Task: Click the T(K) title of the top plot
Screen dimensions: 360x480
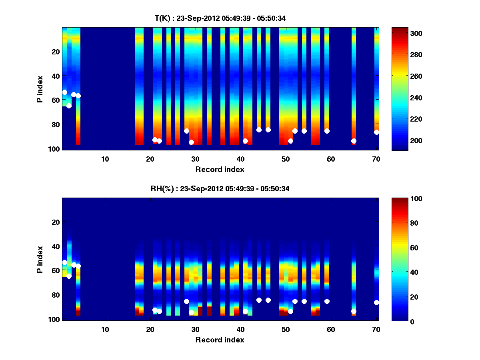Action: [x=220, y=18]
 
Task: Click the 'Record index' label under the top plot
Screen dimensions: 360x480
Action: [x=220, y=169]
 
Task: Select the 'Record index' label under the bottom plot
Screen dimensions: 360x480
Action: [x=220, y=340]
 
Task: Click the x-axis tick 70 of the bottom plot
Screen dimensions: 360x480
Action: [x=376, y=329]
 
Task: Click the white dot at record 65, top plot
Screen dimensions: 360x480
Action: [x=354, y=141]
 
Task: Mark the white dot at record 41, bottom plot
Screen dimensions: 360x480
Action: [x=245, y=311]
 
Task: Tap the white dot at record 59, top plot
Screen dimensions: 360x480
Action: [x=327, y=131]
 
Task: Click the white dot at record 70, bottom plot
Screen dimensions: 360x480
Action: [x=376, y=302]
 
